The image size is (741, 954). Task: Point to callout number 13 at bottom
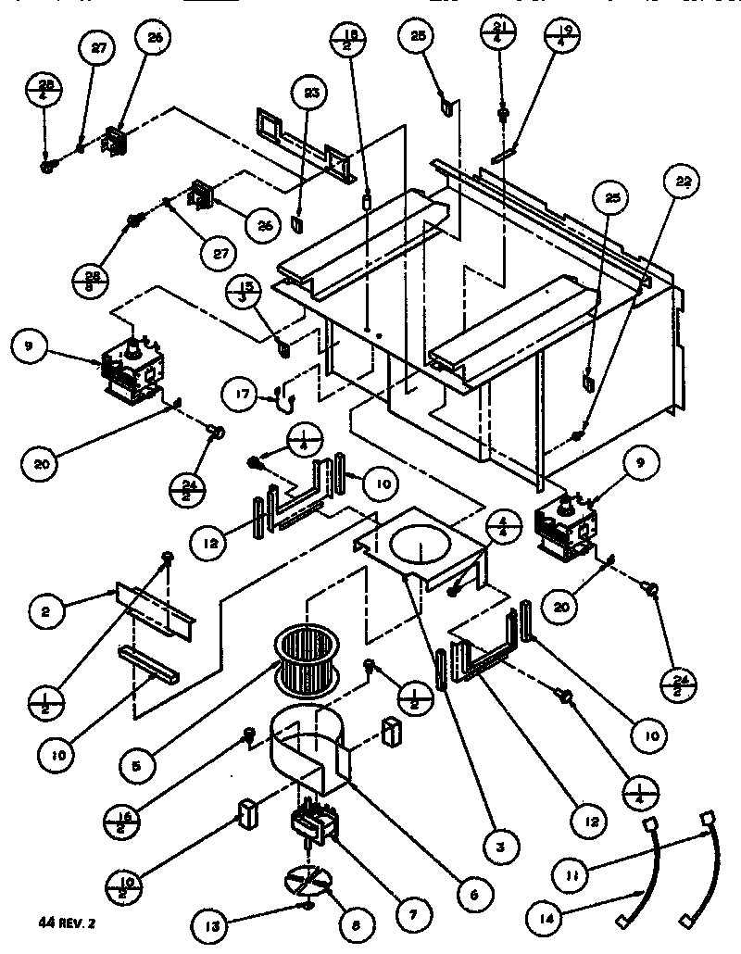209,923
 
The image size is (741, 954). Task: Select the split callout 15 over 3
243,292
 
